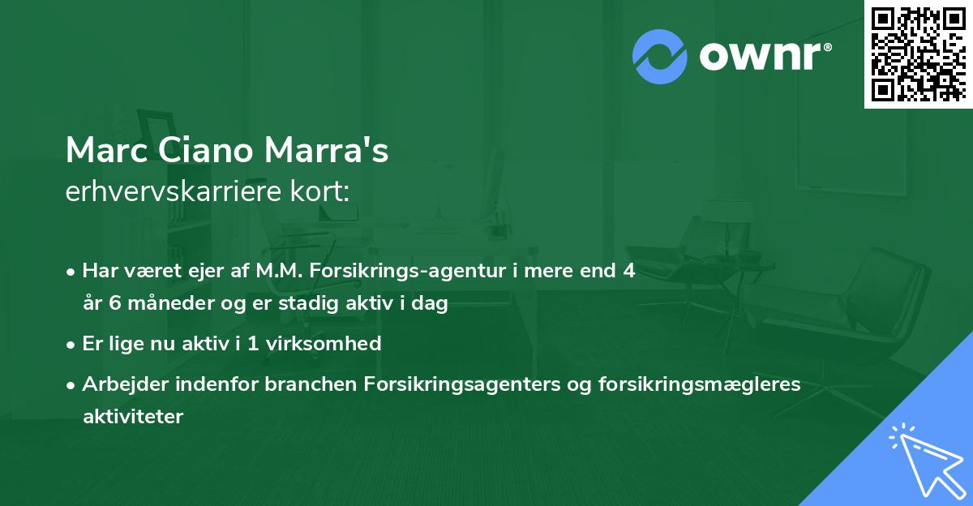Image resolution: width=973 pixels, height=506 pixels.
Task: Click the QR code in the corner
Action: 918,54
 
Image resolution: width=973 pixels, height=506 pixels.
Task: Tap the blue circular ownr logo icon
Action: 660,56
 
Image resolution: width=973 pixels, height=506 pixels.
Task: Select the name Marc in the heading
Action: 102,151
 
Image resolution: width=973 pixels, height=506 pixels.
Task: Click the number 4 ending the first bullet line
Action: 628,272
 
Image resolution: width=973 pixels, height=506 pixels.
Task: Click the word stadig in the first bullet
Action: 297,304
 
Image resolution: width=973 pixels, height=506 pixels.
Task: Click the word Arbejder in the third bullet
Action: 118,384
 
